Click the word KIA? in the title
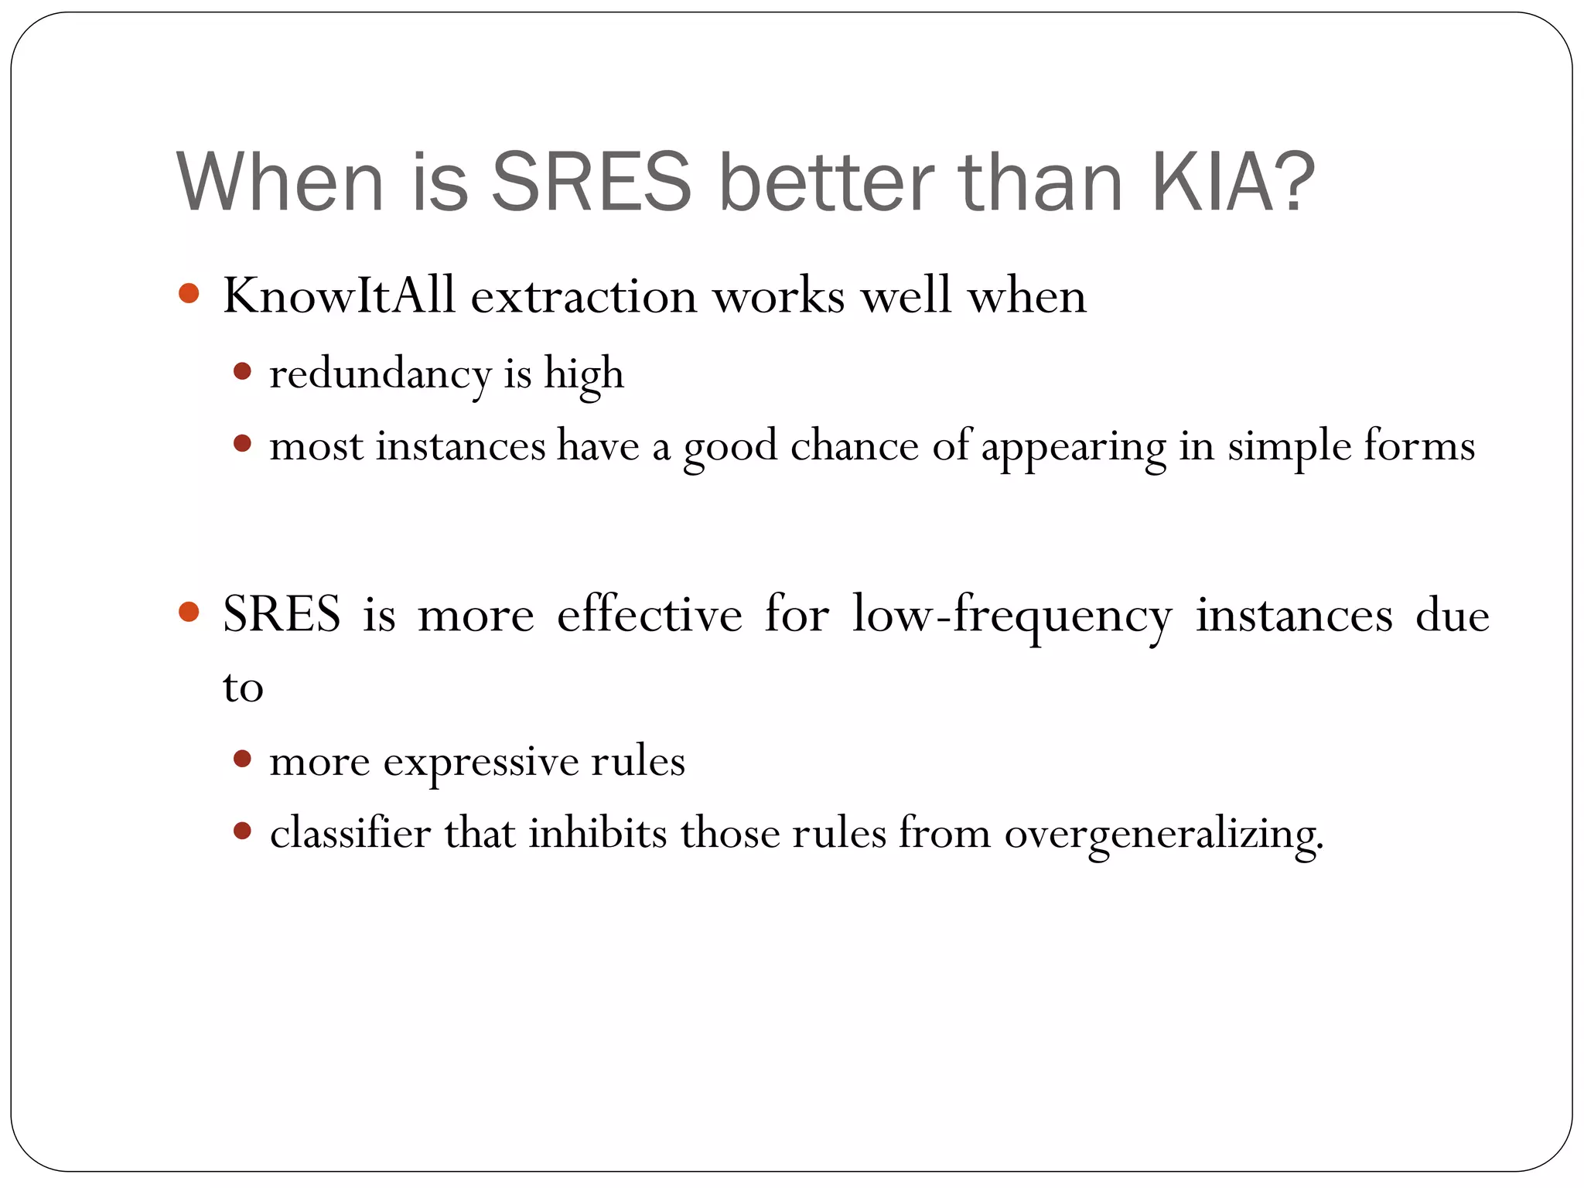coord(1233,183)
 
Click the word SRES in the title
coord(592,183)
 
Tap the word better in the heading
coord(825,183)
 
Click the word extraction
coord(584,296)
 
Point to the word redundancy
coord(380,375)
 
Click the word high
coord(583,375)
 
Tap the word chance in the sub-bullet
coord(854,447)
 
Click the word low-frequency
coord(1012,616)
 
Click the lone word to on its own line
coord(243,688)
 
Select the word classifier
coord(350,834)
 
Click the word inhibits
coord(597,834)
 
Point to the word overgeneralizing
coord(1164,835)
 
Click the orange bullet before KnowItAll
coord(189,294)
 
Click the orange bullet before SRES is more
coord(189,613)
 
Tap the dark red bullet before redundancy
coord(242,372)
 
